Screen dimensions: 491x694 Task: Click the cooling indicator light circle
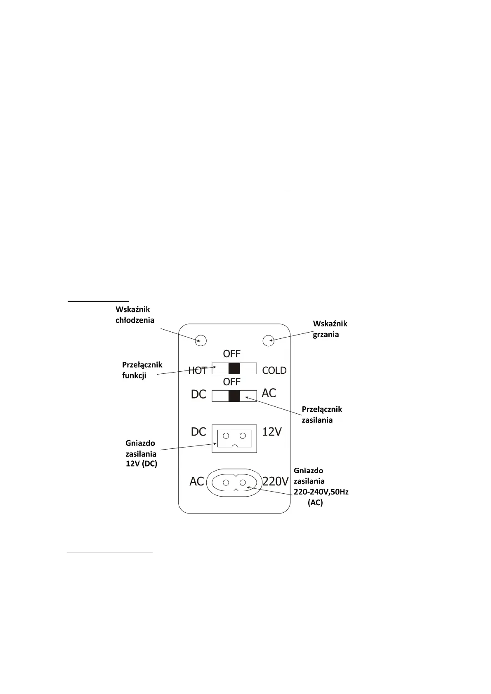pos(201,340)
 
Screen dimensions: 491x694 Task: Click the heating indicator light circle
pos(269,340)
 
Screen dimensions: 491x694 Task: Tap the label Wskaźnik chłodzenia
pos(135,314)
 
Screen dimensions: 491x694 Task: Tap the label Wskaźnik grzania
pos(330,329)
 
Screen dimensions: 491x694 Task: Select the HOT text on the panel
pos(198,370)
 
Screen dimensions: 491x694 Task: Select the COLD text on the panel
pos(274,370)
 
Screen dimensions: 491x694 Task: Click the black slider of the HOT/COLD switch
pos(234,368)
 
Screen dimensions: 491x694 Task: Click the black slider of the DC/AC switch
pos(234,396)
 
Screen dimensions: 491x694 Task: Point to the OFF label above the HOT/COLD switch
pos(231,354)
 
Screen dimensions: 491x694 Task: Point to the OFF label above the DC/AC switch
pos(231,382)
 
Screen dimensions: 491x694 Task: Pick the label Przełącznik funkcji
pos(142,370)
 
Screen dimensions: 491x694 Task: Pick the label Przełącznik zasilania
pos(322,415)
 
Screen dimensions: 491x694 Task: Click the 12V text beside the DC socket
pos(272,432)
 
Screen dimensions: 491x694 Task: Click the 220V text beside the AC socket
pos(275,481)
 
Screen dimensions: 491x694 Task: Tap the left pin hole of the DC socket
pos(226,436)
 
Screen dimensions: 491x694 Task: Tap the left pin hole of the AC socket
pos(226,483)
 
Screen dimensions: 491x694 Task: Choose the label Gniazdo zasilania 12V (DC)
pos(141,453)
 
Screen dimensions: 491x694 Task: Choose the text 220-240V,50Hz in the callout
pos(321,492)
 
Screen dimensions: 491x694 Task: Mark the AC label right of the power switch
pos(269,393)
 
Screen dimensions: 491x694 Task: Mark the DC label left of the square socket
pos(198,432)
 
